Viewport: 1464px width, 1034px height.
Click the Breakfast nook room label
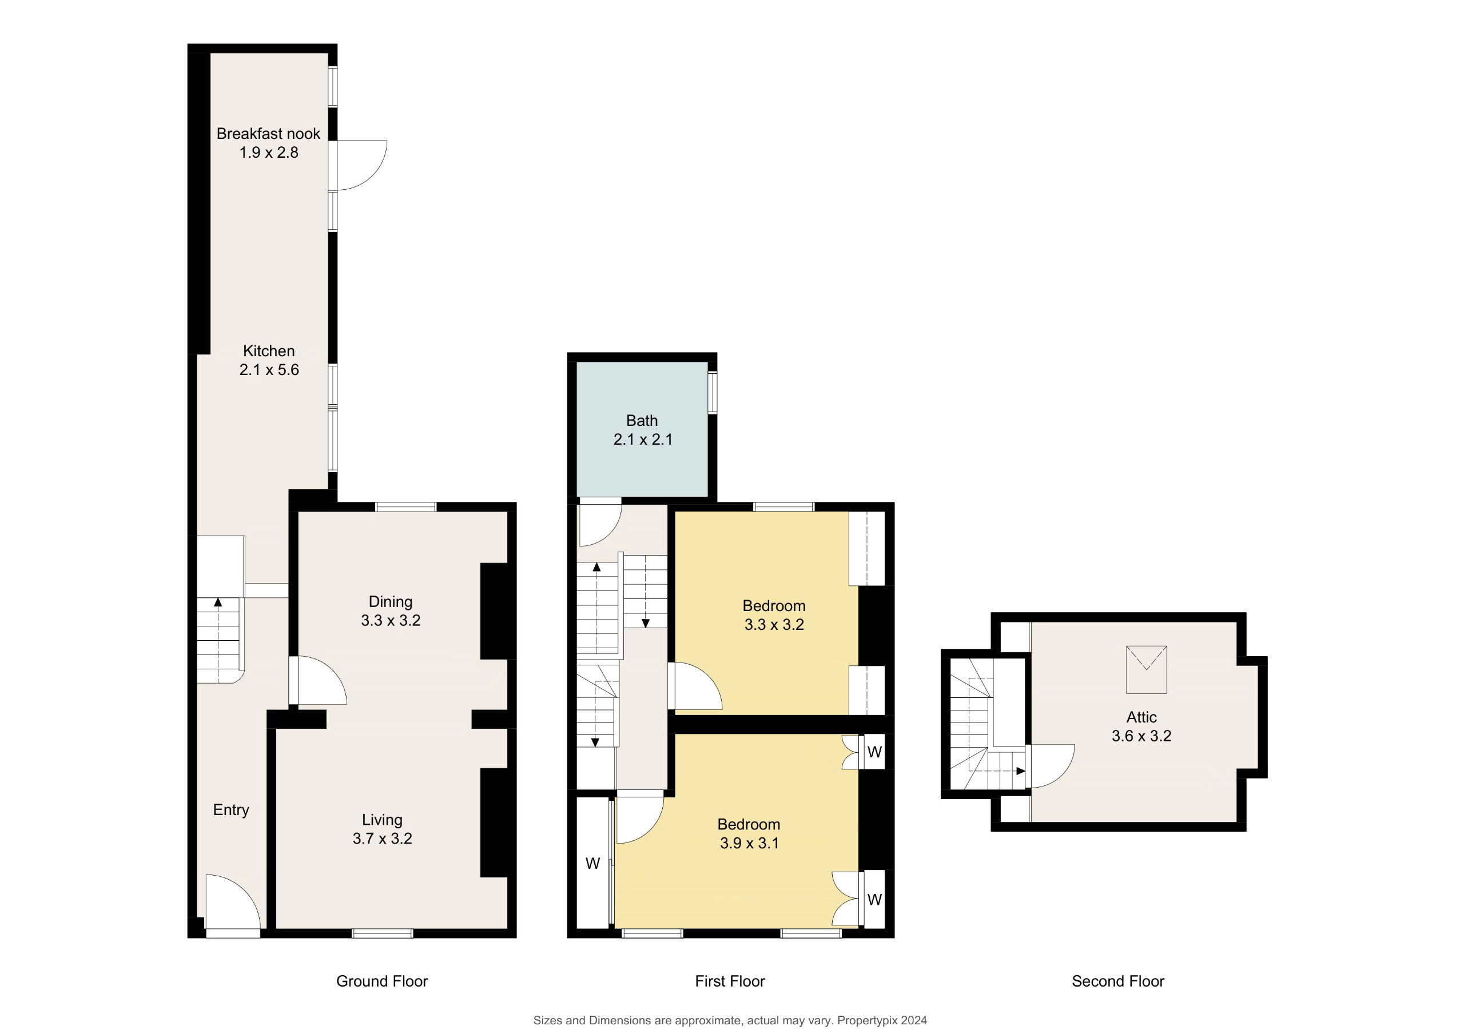pos(268,133)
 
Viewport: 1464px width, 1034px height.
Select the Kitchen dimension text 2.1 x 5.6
pos(269,370)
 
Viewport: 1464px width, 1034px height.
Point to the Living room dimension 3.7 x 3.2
pos(383,839)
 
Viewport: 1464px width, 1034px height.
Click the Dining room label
pos(390,602)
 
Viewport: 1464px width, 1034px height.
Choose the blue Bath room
pos(642,429)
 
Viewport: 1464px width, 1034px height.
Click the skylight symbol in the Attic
pos(1147,669)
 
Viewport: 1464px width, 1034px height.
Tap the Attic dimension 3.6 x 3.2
pos(1141,736)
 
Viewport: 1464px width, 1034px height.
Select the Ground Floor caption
pos(382,981)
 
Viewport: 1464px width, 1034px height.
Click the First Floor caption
pos(730,981)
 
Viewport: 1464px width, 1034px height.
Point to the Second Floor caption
pos(1118,981)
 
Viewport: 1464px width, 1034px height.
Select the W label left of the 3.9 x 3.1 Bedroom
pos(592,864)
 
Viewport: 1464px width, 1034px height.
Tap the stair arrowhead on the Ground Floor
pos(218,601)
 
